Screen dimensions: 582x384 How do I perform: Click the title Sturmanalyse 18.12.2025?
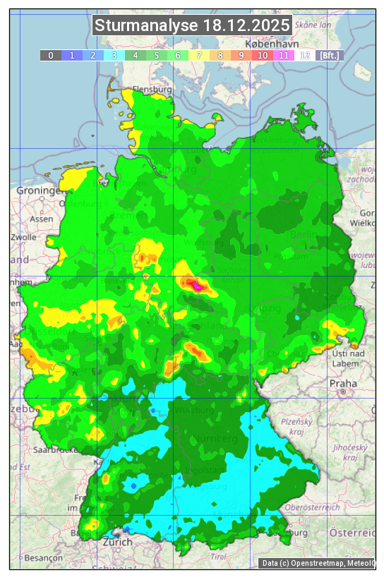click(x=192, y=25)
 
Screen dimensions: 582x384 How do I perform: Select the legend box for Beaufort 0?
click(x=51, y=55)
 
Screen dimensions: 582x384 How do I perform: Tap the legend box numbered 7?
click(x=199, y=55)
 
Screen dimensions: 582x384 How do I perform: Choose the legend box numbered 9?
click(x=241, y=55)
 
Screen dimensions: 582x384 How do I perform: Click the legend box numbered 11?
click(x=284, y=55)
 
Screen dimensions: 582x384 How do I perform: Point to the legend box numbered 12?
click(x=305, y=55)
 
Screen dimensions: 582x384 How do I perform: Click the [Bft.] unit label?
click(x=329, y=55)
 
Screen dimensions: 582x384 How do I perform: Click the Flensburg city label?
click(x=152, y=90)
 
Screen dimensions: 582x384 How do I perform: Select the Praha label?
click(x=343, y=383)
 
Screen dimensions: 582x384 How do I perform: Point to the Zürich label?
click(x=117, y=542)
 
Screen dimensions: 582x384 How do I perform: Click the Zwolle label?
click(x=23, y=237)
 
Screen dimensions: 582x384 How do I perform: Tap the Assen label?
click(x=42, y=219)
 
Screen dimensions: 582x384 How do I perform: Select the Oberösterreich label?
click(x=313, y=507)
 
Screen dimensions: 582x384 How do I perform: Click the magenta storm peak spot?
click(x=197, y=286)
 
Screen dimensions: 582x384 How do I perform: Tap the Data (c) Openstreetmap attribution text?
click(x=318, y=563)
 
